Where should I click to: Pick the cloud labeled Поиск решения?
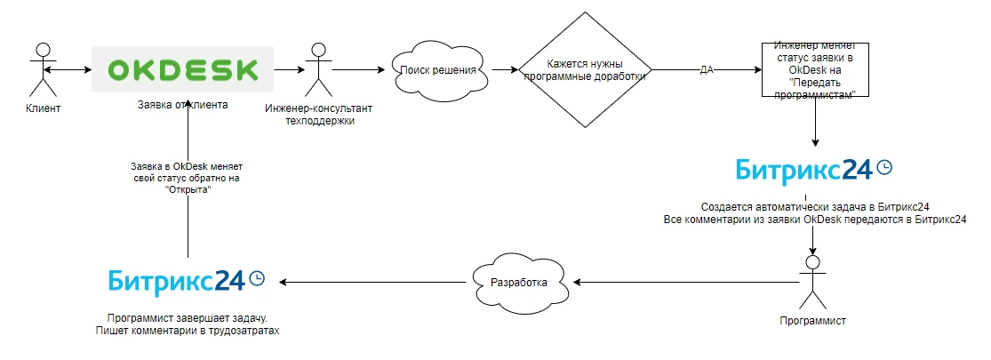tap(440, 69)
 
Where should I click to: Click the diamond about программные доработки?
tap(585, 70)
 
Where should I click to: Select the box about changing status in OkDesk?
tap(814, 70)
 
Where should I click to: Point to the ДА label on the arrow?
tap(707, 70)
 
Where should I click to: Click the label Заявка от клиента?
tap(183, 105)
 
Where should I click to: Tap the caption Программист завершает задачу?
tap(187, 318)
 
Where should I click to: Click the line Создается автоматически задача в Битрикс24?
tap(815, 206)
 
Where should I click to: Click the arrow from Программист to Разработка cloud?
tap(684, 282)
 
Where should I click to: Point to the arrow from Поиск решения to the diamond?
tap(504, 69)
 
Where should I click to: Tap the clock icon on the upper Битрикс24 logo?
tap(884, 167)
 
